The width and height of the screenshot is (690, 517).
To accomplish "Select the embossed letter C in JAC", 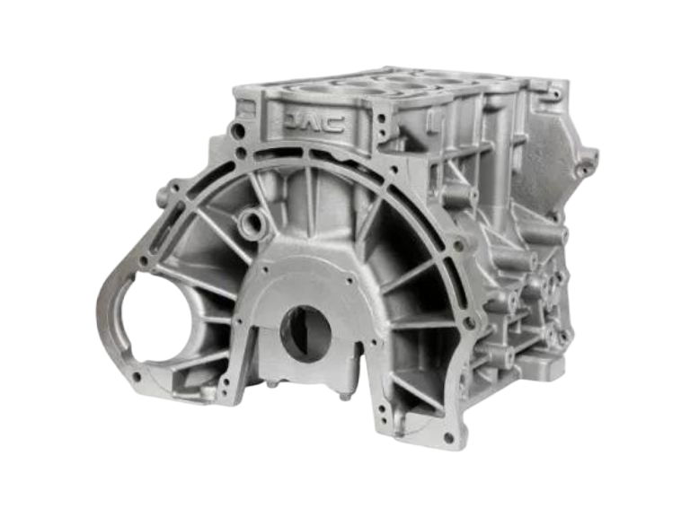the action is click(x=334, y=125).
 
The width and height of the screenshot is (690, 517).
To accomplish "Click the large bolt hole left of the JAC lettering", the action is click(x=239, y=130).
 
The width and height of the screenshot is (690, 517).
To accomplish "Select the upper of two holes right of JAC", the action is click(x=381, y=118).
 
